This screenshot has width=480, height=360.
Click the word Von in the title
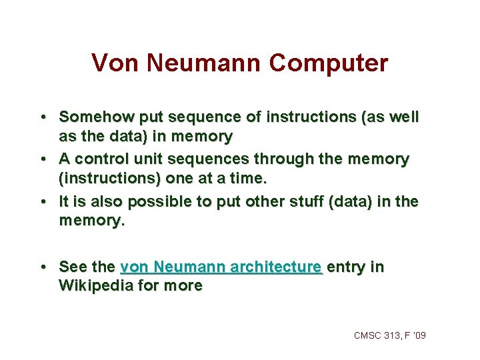click(110, 63)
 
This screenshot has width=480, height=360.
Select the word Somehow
click(96, 117)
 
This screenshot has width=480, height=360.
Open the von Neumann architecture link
click(221, 267)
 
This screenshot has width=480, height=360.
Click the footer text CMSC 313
click(377, 335)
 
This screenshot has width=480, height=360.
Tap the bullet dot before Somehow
click(43, 117)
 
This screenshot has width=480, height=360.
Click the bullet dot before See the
click(43, 268)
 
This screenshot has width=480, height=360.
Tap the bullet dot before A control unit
click(43, 160)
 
